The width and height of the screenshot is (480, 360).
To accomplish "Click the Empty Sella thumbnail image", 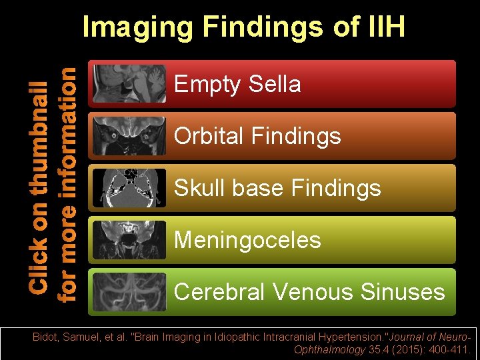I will click(x=129, y=84).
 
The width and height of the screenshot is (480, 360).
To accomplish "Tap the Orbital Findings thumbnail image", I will click(x=129, y=136).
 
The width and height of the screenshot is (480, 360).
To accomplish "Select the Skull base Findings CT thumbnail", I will click(x=129, y=188).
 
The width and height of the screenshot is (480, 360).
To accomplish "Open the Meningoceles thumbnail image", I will click(x=129, y=240).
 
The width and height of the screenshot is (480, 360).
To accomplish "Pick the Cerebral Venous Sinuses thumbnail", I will click(x=129, y=292).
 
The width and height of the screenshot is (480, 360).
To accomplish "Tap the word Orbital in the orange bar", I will click(x=209, y=136).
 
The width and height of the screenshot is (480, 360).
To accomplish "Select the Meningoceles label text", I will click(x=247, y=240).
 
